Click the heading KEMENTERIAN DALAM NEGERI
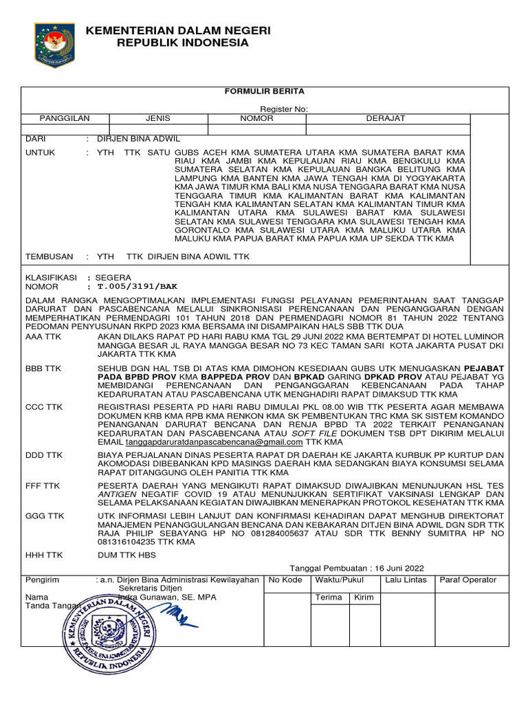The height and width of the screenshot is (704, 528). point(178,31)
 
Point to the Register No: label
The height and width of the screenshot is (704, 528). point(284,109)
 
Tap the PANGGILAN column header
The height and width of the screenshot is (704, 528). point(65,118)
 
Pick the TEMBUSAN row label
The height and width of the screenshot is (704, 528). point(49,256)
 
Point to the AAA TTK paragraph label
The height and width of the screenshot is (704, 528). point(43,338)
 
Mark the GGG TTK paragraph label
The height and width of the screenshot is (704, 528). point(44,514)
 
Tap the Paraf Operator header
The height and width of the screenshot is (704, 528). point(468,580)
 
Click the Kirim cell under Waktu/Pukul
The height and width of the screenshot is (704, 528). point(363,597)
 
